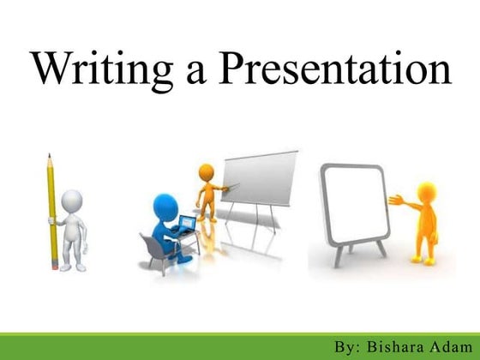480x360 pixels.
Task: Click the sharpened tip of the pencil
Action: tap(50, 157)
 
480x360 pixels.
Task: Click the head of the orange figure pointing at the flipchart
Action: tap(206, 172)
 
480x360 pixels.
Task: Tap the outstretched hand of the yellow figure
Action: tap(394, 203)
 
